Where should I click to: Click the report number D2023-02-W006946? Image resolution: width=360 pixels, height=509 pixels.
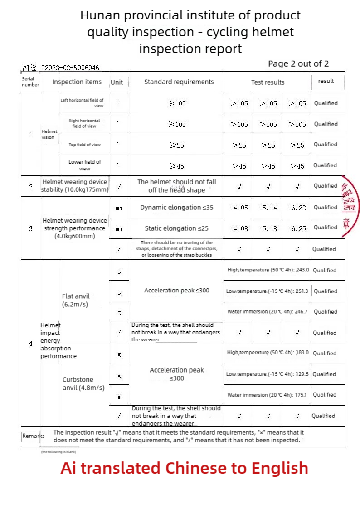tap(70, 68)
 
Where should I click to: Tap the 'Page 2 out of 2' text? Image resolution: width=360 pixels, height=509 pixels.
tap(298, 64)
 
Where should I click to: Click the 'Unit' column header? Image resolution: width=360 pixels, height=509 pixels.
tap(117, 82)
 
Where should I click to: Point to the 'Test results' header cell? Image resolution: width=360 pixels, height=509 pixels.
tap(268, 82)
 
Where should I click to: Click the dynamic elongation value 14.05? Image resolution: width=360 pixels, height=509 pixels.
tap(239, 208)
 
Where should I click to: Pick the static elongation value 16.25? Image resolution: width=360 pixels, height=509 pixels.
tap(297, 229)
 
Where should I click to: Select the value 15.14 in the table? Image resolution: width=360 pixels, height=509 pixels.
tap(268, 208)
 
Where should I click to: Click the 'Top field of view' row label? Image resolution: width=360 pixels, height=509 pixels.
tap(85, 145)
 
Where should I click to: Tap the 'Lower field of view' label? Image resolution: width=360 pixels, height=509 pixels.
tap(85, 165)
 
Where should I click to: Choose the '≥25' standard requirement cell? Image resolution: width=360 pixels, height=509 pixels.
tap(177, 145)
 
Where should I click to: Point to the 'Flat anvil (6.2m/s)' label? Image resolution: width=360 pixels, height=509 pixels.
tap(76, 301)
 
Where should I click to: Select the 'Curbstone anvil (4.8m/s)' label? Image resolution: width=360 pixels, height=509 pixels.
tap(83, 383)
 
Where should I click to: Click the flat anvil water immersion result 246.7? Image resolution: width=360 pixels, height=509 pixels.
tap(268, 312)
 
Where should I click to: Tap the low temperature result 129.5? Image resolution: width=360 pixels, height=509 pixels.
tap(268, 374)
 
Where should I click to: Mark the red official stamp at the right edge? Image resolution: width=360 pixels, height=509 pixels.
tap(350, 206)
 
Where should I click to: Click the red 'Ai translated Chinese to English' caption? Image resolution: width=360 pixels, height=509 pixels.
tap(185, 468)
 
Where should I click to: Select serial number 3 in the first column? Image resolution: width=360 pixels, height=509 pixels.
tap(31, 228)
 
